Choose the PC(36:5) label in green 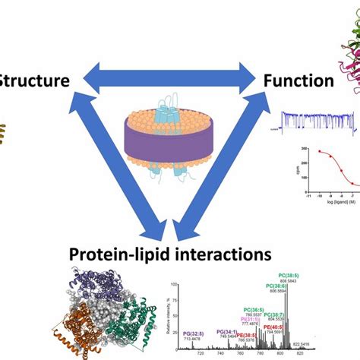pos(257,309)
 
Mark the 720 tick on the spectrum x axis pos(200,353)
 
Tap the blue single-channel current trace pos(312,121)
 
